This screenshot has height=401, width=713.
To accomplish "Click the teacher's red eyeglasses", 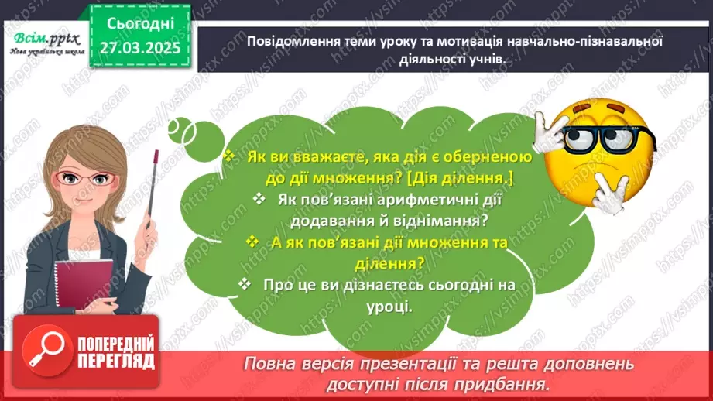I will [87, 179].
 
